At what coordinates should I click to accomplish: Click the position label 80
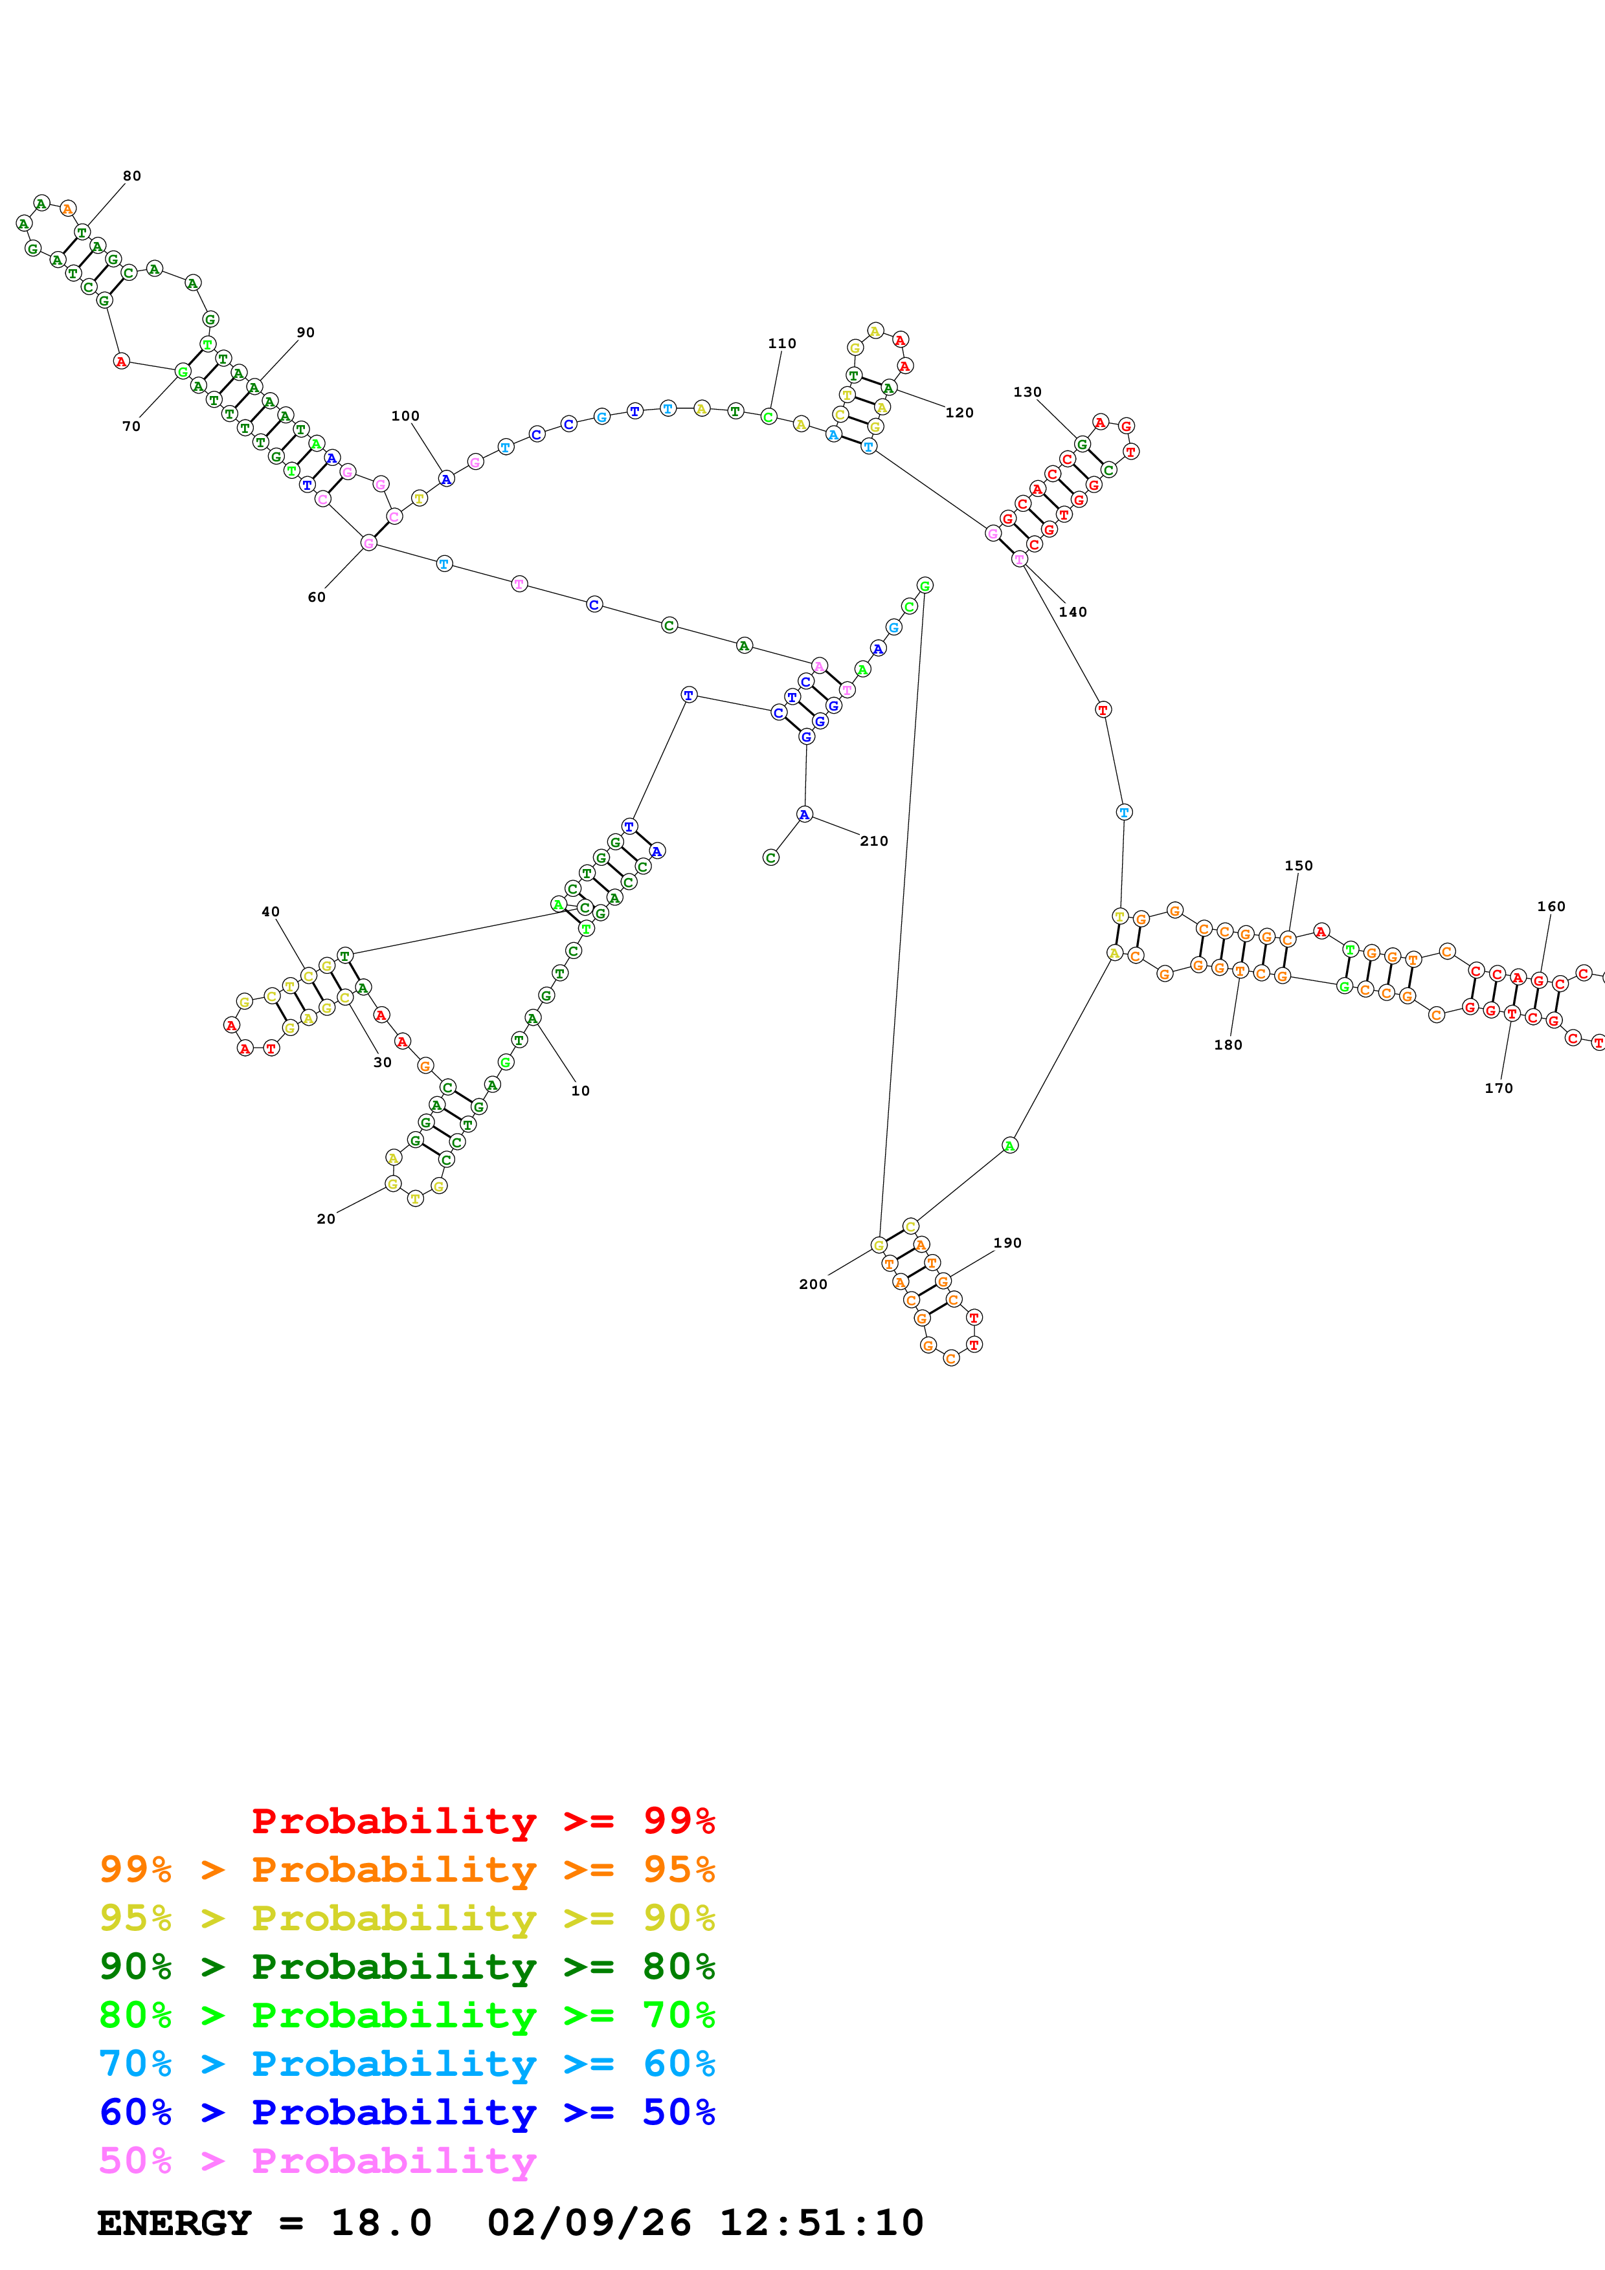131,176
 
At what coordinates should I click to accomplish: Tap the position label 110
781,343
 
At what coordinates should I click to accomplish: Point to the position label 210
873,841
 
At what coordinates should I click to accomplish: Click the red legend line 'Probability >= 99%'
482,1820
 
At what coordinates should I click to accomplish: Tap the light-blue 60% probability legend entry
407,2064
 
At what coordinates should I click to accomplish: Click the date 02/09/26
589,2223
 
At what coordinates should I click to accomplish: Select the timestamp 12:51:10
821,2223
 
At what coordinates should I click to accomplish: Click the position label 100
405,415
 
